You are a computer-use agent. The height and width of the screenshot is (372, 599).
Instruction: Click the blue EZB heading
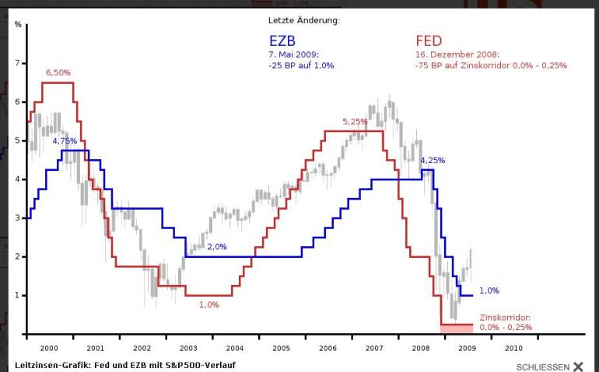(282, 40)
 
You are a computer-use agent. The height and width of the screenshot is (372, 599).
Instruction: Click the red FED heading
(429, 40)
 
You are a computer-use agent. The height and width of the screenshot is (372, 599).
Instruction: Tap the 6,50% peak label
(59, 72)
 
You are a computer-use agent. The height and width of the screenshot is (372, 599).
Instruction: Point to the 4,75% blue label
(65, 141)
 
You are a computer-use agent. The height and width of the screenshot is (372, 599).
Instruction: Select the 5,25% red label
(355, 122)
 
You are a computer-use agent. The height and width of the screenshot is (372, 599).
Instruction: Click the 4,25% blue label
(433, 161)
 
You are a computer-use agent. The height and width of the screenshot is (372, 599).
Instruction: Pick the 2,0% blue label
(216, 246)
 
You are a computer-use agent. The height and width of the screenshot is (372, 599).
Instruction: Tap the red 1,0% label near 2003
(208, 304)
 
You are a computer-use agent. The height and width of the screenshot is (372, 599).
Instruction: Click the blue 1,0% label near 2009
(489, 290)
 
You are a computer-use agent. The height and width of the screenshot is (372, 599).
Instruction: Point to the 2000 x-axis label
(49, 349)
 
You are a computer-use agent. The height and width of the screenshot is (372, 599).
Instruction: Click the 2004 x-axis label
(234, 349)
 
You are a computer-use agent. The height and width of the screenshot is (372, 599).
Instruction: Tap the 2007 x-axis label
(373, 349)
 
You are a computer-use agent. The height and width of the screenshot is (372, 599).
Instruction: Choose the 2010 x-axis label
(513, 349)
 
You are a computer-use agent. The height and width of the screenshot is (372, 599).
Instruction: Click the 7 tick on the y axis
(17, 63)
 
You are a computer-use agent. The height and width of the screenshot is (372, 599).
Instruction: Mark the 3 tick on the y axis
(17, 218)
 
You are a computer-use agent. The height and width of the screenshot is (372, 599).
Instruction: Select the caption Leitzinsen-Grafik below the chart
(124, 364)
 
